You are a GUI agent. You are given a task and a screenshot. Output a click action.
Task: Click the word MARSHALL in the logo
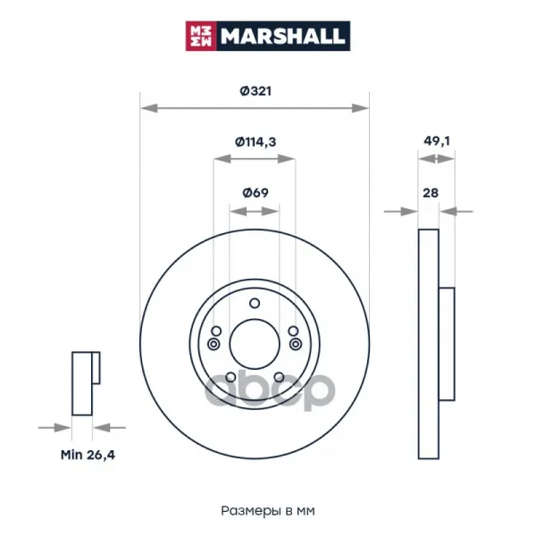(282, 37)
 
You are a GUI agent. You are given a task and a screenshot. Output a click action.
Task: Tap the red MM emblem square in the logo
(201, 36)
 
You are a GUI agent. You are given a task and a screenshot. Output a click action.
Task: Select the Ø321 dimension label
(255, 91)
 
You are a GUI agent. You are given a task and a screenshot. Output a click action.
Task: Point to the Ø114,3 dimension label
(255, 141)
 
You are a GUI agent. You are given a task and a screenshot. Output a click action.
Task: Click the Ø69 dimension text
(255, 193)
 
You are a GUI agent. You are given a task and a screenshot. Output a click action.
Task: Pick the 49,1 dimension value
(437, 141)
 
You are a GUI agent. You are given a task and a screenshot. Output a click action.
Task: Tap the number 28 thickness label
(431, 193)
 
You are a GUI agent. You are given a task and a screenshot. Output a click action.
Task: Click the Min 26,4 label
(88, 455)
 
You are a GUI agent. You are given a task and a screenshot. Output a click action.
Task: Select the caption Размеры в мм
(268, 511)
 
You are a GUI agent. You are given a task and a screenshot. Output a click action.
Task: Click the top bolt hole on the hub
(255, 303)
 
